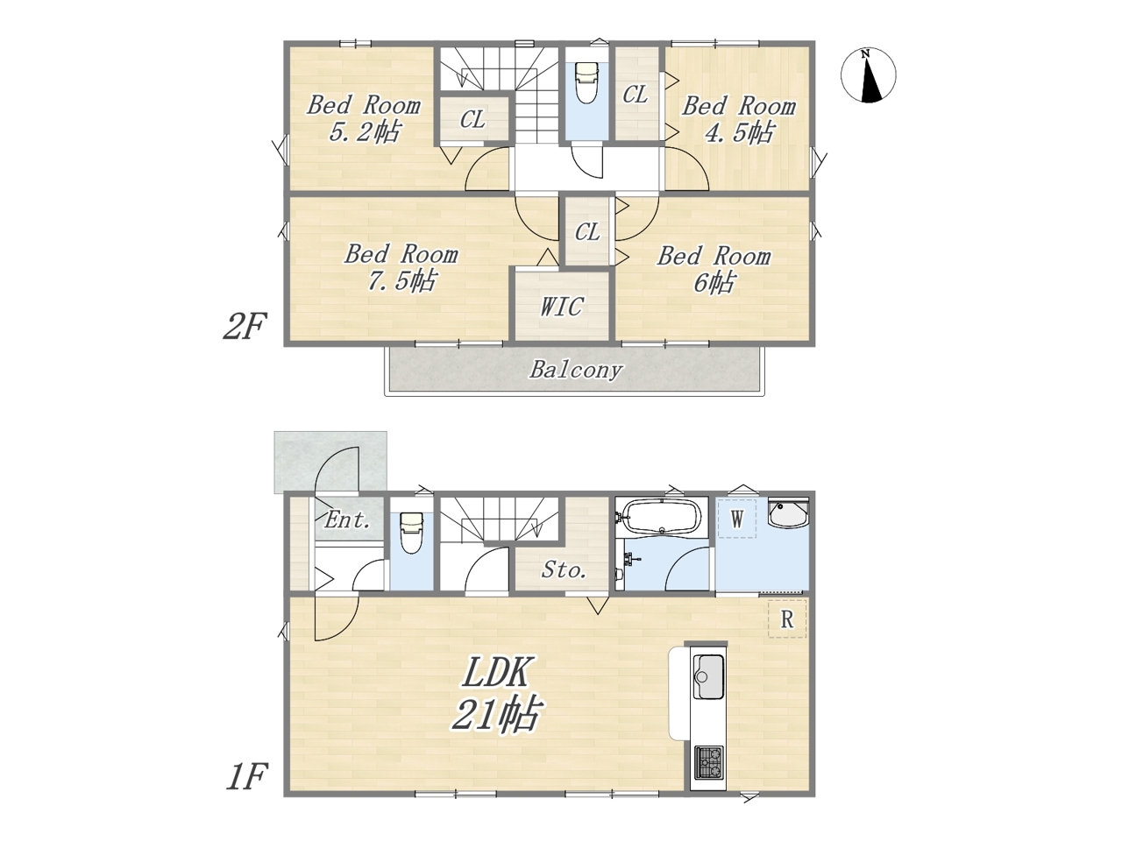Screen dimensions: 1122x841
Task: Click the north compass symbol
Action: (868, 75)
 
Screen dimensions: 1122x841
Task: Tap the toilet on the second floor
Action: (586, 82)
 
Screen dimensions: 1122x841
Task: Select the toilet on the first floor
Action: (411, 533)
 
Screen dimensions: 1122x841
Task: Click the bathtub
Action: (662, 516)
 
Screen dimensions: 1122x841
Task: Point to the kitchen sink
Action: (708, 677)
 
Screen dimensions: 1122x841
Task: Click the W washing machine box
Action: (736, 519)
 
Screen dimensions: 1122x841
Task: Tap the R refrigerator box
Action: (786, 618)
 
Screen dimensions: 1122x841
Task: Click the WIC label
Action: (562, 307)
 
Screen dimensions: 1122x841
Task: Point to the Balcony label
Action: (576, 370)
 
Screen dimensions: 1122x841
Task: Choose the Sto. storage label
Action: (564, 569)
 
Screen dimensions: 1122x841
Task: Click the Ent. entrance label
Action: (347, 520)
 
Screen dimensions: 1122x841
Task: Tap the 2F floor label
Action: (245, 326)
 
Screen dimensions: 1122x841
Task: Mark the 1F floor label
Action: (246, 777)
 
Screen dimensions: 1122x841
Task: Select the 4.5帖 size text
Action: (739, 132)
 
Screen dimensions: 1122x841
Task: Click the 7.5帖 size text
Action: (401, 280)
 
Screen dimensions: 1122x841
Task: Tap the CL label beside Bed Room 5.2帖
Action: (472, 119)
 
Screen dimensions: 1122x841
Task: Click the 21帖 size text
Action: (495, 714)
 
